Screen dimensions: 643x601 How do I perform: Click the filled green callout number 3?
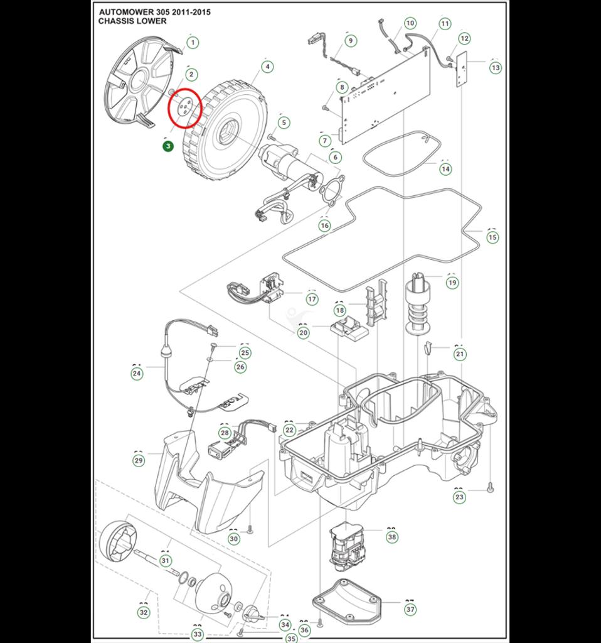(x=169, y=147)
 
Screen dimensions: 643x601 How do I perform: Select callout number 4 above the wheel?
(x=267, y=67)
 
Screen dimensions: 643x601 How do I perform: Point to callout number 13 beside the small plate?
(x=496, y=67)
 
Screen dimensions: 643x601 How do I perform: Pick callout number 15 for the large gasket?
(x=492, y=237)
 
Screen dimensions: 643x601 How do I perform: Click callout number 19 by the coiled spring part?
(x=452, y=283)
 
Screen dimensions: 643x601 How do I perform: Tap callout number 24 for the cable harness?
(x=137, y=374)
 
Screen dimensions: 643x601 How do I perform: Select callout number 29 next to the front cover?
(x=139, y=460)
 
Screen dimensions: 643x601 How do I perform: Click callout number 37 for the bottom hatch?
(x=410, y=608)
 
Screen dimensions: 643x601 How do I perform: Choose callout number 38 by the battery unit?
(x=392, y=537)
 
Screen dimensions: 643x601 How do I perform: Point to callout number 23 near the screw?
(x=460, y=497)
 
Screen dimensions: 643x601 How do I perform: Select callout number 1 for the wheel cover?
(x=192, y=43)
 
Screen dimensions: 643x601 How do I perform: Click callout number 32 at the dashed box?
(x=144, y=612)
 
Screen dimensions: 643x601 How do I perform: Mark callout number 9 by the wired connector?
(x=351, y=41)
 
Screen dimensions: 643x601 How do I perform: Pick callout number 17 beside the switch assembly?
(x=312, y=299)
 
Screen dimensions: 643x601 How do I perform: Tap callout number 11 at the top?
(x=445, y=24)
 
